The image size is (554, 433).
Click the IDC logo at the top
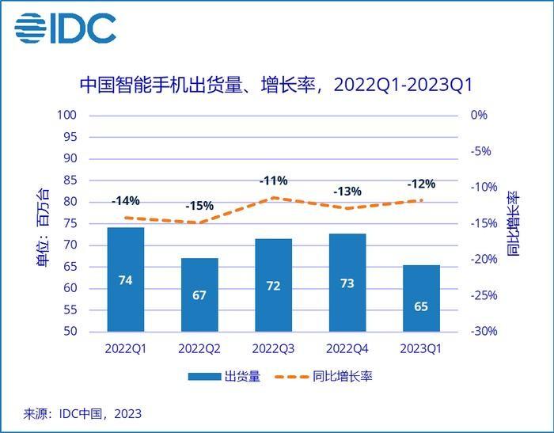pos(66,28)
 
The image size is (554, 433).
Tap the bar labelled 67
pos(199,294)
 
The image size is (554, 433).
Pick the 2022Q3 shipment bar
pos(273,285)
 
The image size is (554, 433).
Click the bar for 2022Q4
pos(347,283)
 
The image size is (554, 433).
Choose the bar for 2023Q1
pos(421,298)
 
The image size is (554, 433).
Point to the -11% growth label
pos(273,181)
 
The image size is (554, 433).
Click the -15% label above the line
pos(199,206)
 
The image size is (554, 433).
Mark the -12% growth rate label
pos(421,184)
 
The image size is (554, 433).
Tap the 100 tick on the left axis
pos(66,115)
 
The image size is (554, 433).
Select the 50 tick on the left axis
pos(70,332)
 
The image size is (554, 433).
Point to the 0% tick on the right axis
pos(479,115)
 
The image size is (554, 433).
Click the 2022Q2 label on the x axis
pos(199,348)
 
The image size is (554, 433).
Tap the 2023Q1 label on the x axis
pos(421,348)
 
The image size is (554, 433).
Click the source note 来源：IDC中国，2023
pos(82,413)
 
